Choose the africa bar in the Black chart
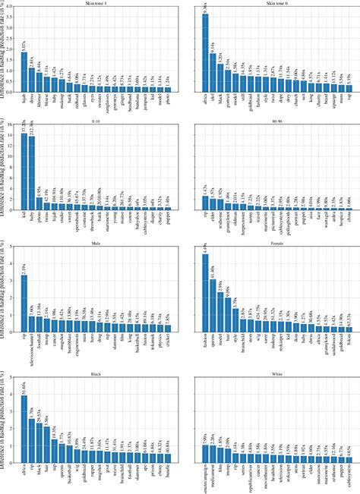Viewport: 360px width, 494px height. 24,425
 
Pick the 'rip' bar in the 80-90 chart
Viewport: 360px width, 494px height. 204,203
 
